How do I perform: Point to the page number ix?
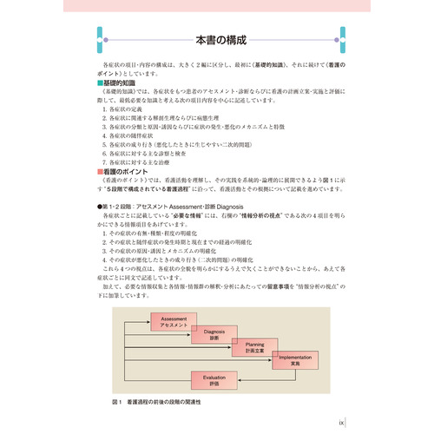point(341,424)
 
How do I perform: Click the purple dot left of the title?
point(104,41)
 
